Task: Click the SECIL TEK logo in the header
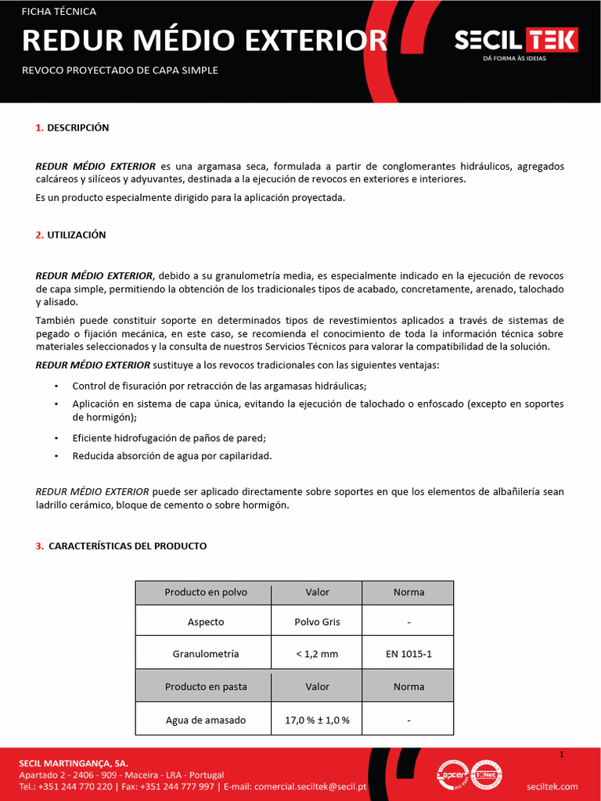[x=516, y=43]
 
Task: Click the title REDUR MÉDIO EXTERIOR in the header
[x=204, y=41]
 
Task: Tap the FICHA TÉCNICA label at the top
[x=59, y=12]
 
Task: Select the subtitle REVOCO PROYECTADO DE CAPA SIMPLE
[x=119, y=70]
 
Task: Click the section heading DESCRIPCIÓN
[x=77, y=128]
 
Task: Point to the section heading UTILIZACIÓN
[x=76, y=235]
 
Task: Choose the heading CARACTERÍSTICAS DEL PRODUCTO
[x=128, y=546]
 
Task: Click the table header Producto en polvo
[x=205, y=592]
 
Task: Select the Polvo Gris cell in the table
[x=317, y=622]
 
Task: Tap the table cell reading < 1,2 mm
[x=317, y=653]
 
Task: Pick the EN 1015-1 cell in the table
[x=408, y=653]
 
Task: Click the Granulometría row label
[x=205, y=653]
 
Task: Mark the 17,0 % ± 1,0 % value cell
[x=317, y=720]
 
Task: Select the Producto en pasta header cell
[x=205, y=687]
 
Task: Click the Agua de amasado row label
[x=205, y=720]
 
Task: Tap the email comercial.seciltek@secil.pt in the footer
[x=311, y=786]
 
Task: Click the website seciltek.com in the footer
[x=552, y=786]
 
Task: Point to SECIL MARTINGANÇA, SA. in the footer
[x=74, y=763]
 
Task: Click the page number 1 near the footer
[x=562, y=754]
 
